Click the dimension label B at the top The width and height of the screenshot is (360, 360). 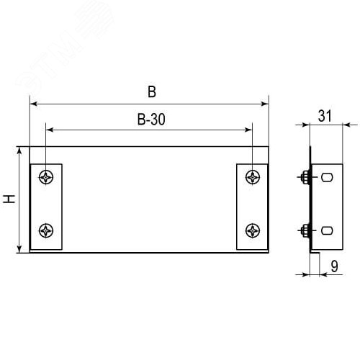pos(150,92)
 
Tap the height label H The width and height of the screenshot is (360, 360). pos(9,199)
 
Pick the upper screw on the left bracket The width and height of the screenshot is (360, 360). pos(47,177)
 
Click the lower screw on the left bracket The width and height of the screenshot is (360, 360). pos(47,230)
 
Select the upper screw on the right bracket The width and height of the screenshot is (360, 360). pos(252,177)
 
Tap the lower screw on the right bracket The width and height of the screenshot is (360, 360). pos(252,230)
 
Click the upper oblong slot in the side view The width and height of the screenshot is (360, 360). pos(326,177)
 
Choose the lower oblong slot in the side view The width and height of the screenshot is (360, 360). pos(326,230)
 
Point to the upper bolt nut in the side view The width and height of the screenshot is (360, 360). pos(305,177)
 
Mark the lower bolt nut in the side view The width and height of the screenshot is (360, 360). pos(305,230)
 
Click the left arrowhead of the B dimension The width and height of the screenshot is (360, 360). pos(33,104)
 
